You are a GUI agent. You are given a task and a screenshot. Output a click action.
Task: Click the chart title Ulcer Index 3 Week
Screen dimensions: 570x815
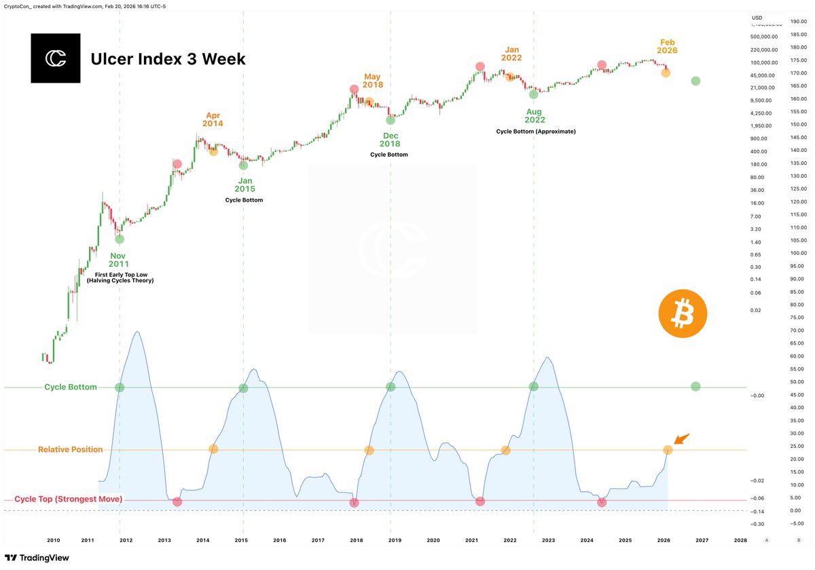pyautogui.click(x=168, y=60)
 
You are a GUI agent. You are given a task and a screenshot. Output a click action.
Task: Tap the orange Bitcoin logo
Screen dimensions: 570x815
pyautogui.click(x=683, y=316)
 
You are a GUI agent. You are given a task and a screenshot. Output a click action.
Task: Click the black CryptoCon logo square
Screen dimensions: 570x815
pyautogui.click(x=55, y=58)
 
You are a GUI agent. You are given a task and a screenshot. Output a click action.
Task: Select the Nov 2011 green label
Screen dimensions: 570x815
pyautogui.click(x=119, y=260)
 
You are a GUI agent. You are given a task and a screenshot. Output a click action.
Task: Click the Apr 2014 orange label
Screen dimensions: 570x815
pyautogui.click(x=213, y=119)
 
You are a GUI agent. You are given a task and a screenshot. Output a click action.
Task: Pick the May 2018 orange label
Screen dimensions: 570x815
pyautogui.click(x=373, y=81)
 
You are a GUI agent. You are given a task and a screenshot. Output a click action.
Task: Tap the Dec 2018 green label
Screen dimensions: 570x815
pyautogui.click(x=390, y=140)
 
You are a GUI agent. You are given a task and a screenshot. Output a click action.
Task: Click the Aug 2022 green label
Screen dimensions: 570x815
pyautogui.click(x=534, y=115)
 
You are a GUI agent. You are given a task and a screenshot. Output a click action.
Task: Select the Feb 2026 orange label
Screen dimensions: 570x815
pyautogui.click(x=667, y=46)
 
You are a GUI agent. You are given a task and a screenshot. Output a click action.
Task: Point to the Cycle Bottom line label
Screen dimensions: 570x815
pyautogui.click(x=71, y=387)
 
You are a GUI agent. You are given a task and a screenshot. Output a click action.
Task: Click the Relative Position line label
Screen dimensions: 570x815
pyautogui.click(x=71, y=450)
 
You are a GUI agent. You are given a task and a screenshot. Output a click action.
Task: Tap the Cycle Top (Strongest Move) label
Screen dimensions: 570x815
pyautogui.click(x=68, y=499)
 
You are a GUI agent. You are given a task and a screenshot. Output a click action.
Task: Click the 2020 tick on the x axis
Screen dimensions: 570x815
pyautogui.click(x=433, y=540)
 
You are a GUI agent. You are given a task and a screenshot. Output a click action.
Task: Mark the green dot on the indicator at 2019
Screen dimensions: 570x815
pyautogui.click(x=391, y=387)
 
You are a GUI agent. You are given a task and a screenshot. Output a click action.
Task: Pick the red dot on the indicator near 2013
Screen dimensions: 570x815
pyautogui.click(x=177, y=501)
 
